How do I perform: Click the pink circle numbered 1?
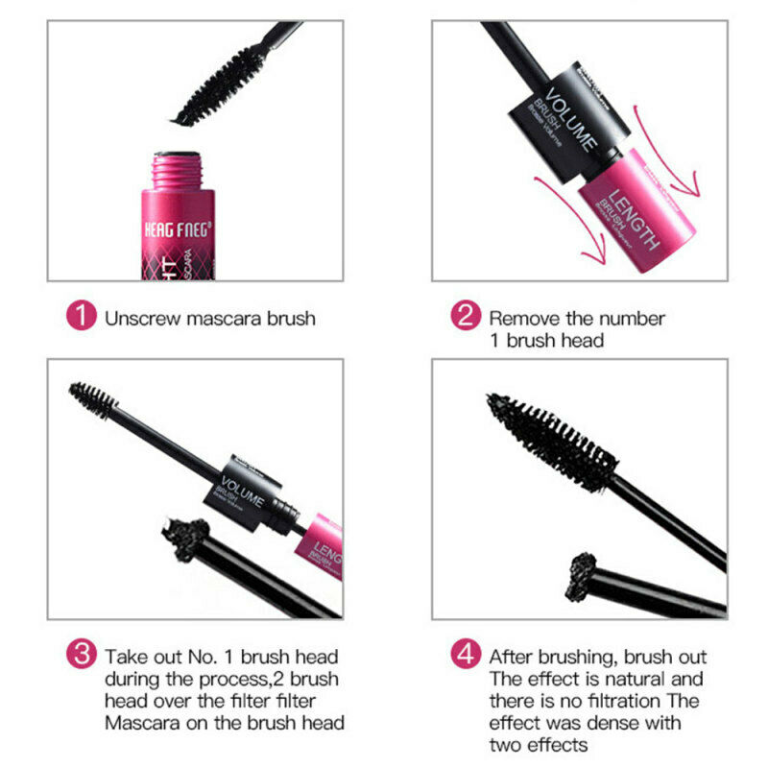coord(83,317)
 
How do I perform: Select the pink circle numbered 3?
coord(83,657)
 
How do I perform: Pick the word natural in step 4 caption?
coord(630,679)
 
